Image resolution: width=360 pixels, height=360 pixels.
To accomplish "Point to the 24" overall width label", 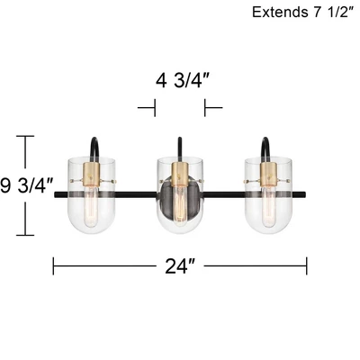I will point(180,266).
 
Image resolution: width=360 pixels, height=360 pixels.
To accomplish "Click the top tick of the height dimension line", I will point(26,136).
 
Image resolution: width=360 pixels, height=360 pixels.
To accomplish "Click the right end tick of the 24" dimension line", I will point(307,266).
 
